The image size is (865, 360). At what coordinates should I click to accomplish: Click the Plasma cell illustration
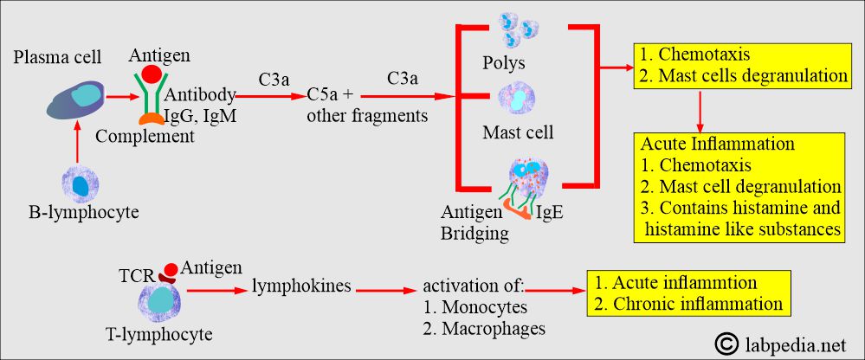[x=79, y=96]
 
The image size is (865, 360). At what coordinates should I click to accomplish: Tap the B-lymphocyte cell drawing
[x=80, y=184]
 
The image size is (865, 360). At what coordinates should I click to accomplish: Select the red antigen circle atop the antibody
[x=151, y=74]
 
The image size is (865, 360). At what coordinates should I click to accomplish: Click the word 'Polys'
[x=505, y=63]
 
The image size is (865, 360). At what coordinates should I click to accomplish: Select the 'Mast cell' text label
[x=518, y=133]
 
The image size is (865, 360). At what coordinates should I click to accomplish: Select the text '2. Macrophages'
[x=485, y=328]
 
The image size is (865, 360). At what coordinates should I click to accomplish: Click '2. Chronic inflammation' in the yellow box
[x=688, y=303]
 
